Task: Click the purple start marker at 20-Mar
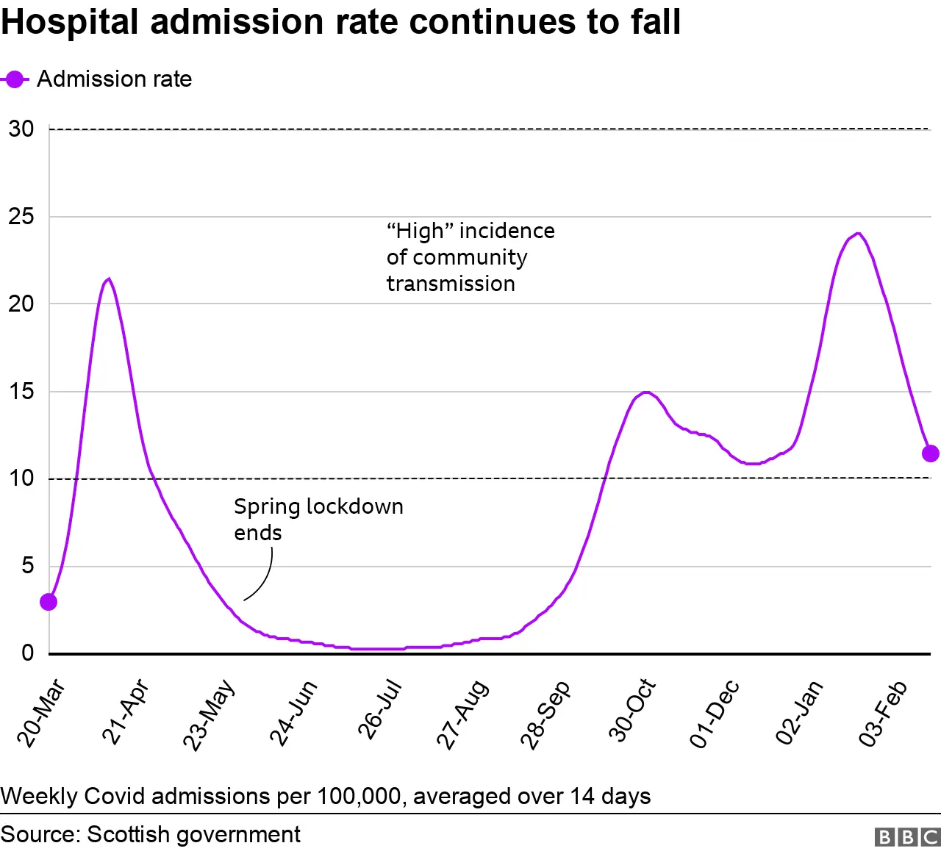click(49, 602)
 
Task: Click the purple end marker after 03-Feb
click(930, 453)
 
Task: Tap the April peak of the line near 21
click(109, 279)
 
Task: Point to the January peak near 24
click(857, 234)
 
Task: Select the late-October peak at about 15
click(645, 392)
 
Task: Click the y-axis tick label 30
click(21, 129)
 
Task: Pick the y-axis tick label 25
click(21, 217)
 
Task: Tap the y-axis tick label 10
click(21, 478)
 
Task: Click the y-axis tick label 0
click(27, 653)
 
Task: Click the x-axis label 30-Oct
click(631, 711)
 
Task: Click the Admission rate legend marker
click(15, 79)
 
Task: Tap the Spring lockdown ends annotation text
click(318, 519)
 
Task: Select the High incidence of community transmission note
click(470, 257)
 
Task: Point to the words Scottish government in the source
click(193, 835)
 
